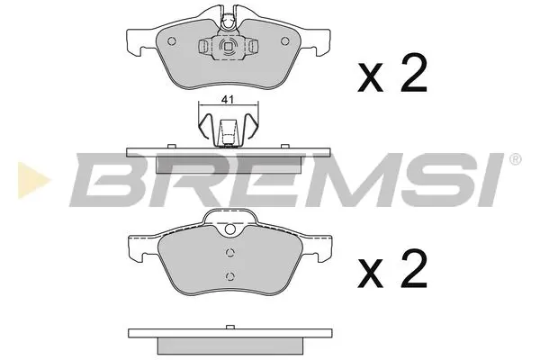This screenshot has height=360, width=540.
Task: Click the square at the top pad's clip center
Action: [227, 49]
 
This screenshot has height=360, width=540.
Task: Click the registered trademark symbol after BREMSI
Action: [514, 160]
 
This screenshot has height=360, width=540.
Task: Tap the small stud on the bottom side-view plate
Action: [229, 328]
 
